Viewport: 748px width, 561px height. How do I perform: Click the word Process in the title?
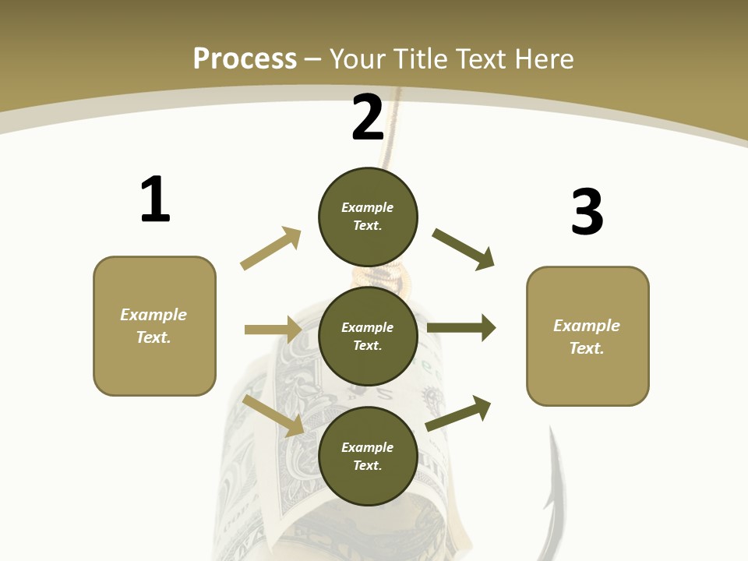pos(245,58)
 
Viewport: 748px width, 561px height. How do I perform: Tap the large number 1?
pos(155,199)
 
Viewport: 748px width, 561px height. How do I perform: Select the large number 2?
pos(368,118)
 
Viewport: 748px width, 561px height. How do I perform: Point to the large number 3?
pos(587,212)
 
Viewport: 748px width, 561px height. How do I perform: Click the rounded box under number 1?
pos(154,326)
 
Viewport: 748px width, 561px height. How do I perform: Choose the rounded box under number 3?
pos(587,336)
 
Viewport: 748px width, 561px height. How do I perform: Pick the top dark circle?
pos(368,216)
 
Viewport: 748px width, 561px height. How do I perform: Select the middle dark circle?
pos(368,336)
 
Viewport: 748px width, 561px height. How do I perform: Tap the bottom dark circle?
pos(368,456)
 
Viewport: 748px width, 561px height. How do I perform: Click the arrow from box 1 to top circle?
pos(271,248)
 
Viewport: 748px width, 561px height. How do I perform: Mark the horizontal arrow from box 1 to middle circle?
pos(273,330)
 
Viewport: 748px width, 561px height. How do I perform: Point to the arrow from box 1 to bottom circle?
pos(273,415)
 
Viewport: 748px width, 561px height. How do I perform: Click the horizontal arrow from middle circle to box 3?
pos(461,327)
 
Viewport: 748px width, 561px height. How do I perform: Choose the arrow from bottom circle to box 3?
pos(458,413)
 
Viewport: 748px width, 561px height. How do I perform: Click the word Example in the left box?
pos(153,315)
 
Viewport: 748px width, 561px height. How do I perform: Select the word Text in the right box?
pos(587,348)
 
